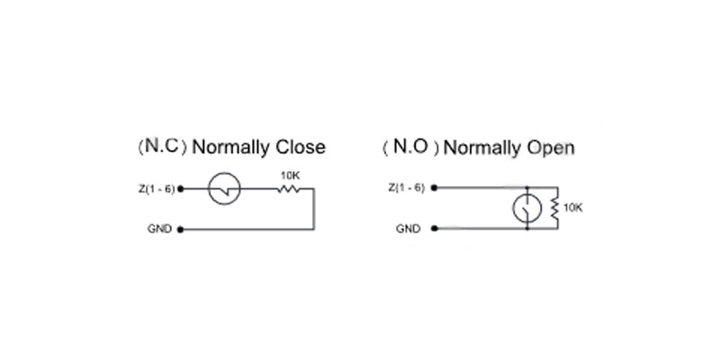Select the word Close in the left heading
[x=301, y=148]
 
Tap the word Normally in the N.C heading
[x=231, y=148]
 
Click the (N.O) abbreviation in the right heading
[x=411, y=147]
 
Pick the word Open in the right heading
[x=550, y=148]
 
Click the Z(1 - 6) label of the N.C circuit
[x=156, y=189]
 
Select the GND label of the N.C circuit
[x=159, y=229]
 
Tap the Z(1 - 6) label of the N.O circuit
[x=407, y=187]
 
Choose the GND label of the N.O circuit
[x=409, y=229]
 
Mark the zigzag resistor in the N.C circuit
[x=288, y=189]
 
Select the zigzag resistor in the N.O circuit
[x=555, y=208]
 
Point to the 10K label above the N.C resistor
[x=289, y=175]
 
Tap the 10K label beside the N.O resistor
[x=572, y=208]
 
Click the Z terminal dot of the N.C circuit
[x=181, y=189]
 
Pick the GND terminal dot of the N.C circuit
[x=181, y=229]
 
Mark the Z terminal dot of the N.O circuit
[x=435, y=187]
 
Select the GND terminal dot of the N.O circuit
[x=435, y=229]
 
